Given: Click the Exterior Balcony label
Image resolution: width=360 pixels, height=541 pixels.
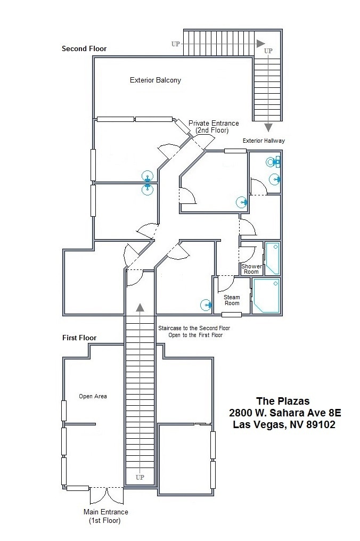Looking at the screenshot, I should (156, 80).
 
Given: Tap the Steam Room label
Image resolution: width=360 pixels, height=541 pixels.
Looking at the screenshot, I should (232, 300).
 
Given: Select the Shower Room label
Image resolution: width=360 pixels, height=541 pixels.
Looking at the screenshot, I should (251, 269).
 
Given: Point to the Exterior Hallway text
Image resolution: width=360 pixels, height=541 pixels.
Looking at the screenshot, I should (264, 141).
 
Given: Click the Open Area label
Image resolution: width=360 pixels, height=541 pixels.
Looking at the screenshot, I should (93, 396).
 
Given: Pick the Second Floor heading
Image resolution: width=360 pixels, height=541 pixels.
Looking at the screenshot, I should (84, 49).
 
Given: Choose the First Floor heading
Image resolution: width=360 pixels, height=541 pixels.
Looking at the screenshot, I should (79, 338).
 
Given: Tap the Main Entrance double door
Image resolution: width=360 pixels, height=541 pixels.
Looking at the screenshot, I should (107, 495).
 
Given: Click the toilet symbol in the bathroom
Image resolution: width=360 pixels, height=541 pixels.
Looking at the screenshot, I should (273, 162).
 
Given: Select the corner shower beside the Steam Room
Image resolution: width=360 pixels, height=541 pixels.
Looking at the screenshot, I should (266, 296).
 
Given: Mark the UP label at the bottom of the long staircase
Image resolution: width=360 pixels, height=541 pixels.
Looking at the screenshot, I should (140, 477).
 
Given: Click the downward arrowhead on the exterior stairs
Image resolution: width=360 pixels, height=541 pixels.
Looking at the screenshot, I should (268, 127).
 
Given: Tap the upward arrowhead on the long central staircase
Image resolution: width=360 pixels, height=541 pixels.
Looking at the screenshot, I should (140, 307).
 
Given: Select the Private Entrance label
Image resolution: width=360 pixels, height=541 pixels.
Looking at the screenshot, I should (214, 127).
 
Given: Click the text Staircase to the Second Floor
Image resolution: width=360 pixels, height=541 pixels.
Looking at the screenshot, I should (194, 329).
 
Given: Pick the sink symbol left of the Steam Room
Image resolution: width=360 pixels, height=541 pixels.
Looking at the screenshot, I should (206, 305).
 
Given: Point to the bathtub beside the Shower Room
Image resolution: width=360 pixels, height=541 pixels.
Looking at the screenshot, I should (273, 259).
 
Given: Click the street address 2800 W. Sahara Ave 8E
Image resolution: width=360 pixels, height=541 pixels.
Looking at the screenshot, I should (285, 413).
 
